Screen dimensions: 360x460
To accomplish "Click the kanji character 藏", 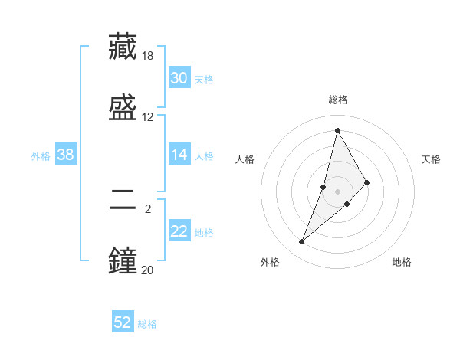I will click(x=123, y=47).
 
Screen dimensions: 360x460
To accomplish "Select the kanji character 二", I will click(x=123, y=199).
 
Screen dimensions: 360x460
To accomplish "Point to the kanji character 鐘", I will click(x=123, y=260).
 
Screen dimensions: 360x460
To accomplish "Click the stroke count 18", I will click(x=148, y=56).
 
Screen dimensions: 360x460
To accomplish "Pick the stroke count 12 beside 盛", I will click(x=148, y=116).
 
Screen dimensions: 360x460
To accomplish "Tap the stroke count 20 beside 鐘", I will click(x=148, y=270).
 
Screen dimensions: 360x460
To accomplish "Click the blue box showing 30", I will click(x=179, y=78).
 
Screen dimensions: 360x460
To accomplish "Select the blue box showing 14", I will click(x=179, y=155).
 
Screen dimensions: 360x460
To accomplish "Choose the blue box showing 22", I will click(x=179, y=231).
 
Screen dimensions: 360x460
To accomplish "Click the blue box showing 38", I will click(x=66, y=155).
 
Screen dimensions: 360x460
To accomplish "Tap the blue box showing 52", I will click(x=123, y=322).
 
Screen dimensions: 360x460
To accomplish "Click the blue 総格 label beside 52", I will click(x=147, y=324).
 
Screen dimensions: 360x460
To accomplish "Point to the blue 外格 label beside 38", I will click(x=41, y=156).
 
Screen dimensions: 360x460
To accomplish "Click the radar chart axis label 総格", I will click(x=338, y=100).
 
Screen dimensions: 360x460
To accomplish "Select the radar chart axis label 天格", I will click(x=431, y=159).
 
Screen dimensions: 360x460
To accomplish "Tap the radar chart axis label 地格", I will click(x=402, y=262).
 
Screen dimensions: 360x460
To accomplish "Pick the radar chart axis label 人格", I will click(x=245, y=159).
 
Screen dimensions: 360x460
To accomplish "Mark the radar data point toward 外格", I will click(x=301, y=242).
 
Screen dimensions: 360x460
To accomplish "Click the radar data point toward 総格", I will click(x=337, y=130).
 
